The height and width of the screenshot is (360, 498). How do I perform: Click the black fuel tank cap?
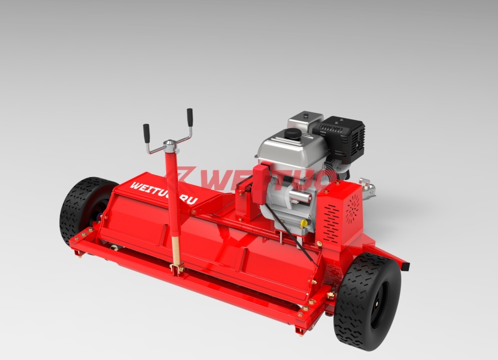coord(293,134)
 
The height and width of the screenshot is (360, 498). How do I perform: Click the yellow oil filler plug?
coord(304,222)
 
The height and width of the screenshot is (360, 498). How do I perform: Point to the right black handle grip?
coord(190,117)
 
